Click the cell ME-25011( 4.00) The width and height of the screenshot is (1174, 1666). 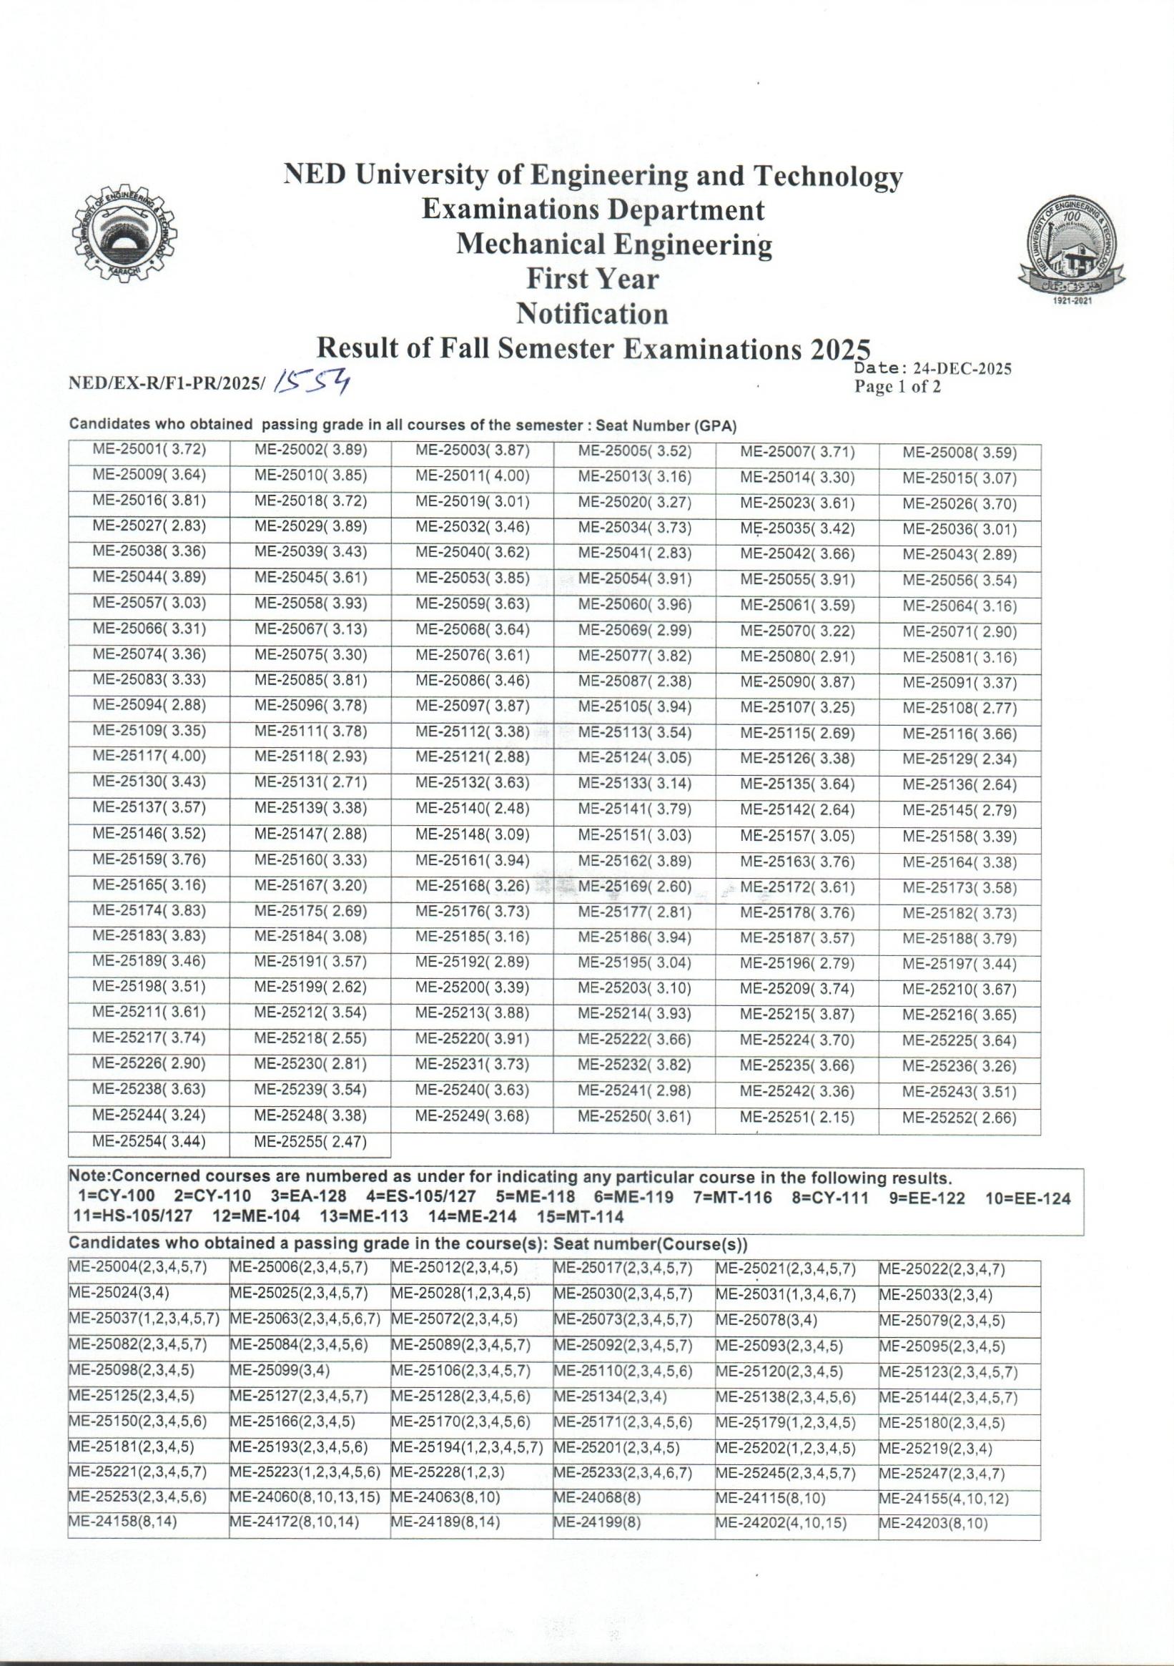[x=473, y=478]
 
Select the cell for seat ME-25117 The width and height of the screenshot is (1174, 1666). [x=149, y=755]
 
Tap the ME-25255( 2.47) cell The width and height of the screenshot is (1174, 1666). [x=310, y=1143]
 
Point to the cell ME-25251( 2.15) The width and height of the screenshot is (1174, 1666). [x=796, y=1118]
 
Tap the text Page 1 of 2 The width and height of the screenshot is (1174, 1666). [x=897, y=387]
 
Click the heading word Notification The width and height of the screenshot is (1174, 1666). [x=591, y=313]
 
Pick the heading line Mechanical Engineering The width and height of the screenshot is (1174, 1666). [x=614, y=245]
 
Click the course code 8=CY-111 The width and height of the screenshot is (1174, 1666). [x=829, y=1198]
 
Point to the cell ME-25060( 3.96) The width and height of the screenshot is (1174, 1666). [x=634, y=603]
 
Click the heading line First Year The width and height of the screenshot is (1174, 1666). [x=592, y=280]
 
